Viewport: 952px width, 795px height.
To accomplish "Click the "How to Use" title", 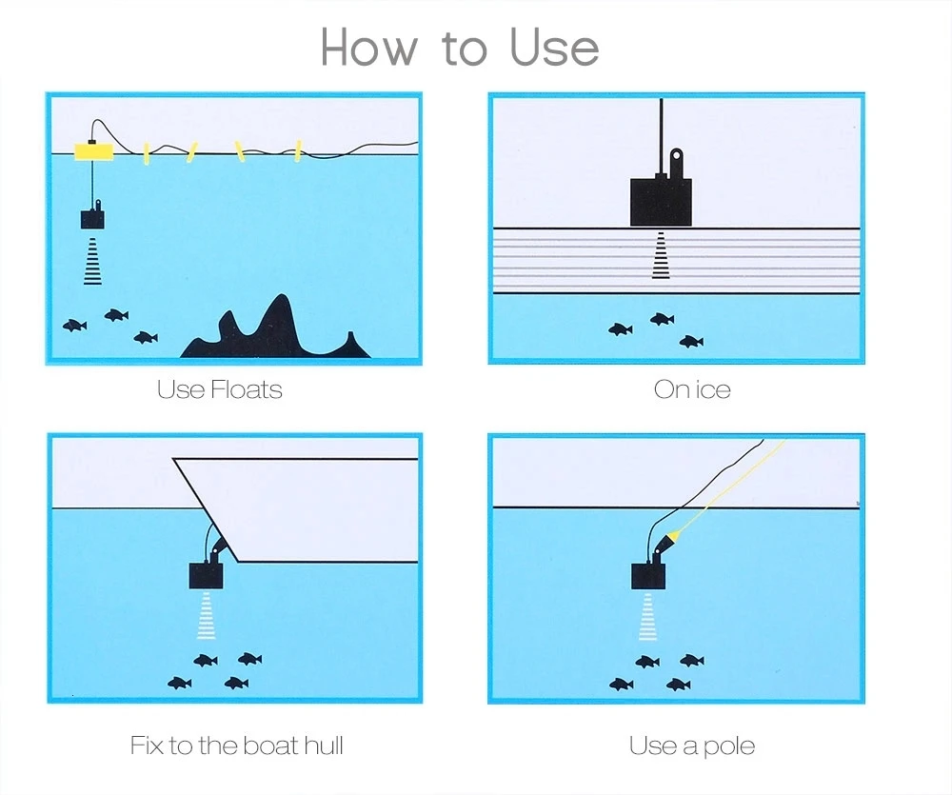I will point(460,48).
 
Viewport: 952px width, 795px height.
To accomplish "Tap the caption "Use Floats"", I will point(219,388).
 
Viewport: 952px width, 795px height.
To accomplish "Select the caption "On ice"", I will point(692,388).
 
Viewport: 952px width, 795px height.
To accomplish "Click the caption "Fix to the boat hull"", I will point(236,745).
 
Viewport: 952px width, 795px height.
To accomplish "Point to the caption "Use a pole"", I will point(692,745).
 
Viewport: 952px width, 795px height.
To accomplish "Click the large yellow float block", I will point(93,150).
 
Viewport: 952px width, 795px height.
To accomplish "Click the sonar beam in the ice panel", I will point(660,256).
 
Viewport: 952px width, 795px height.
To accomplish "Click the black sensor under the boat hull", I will point(207,574).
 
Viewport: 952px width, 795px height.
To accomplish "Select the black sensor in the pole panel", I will point(647,575).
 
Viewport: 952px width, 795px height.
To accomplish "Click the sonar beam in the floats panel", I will point(92,262).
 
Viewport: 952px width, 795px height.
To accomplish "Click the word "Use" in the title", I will point(554,48).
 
